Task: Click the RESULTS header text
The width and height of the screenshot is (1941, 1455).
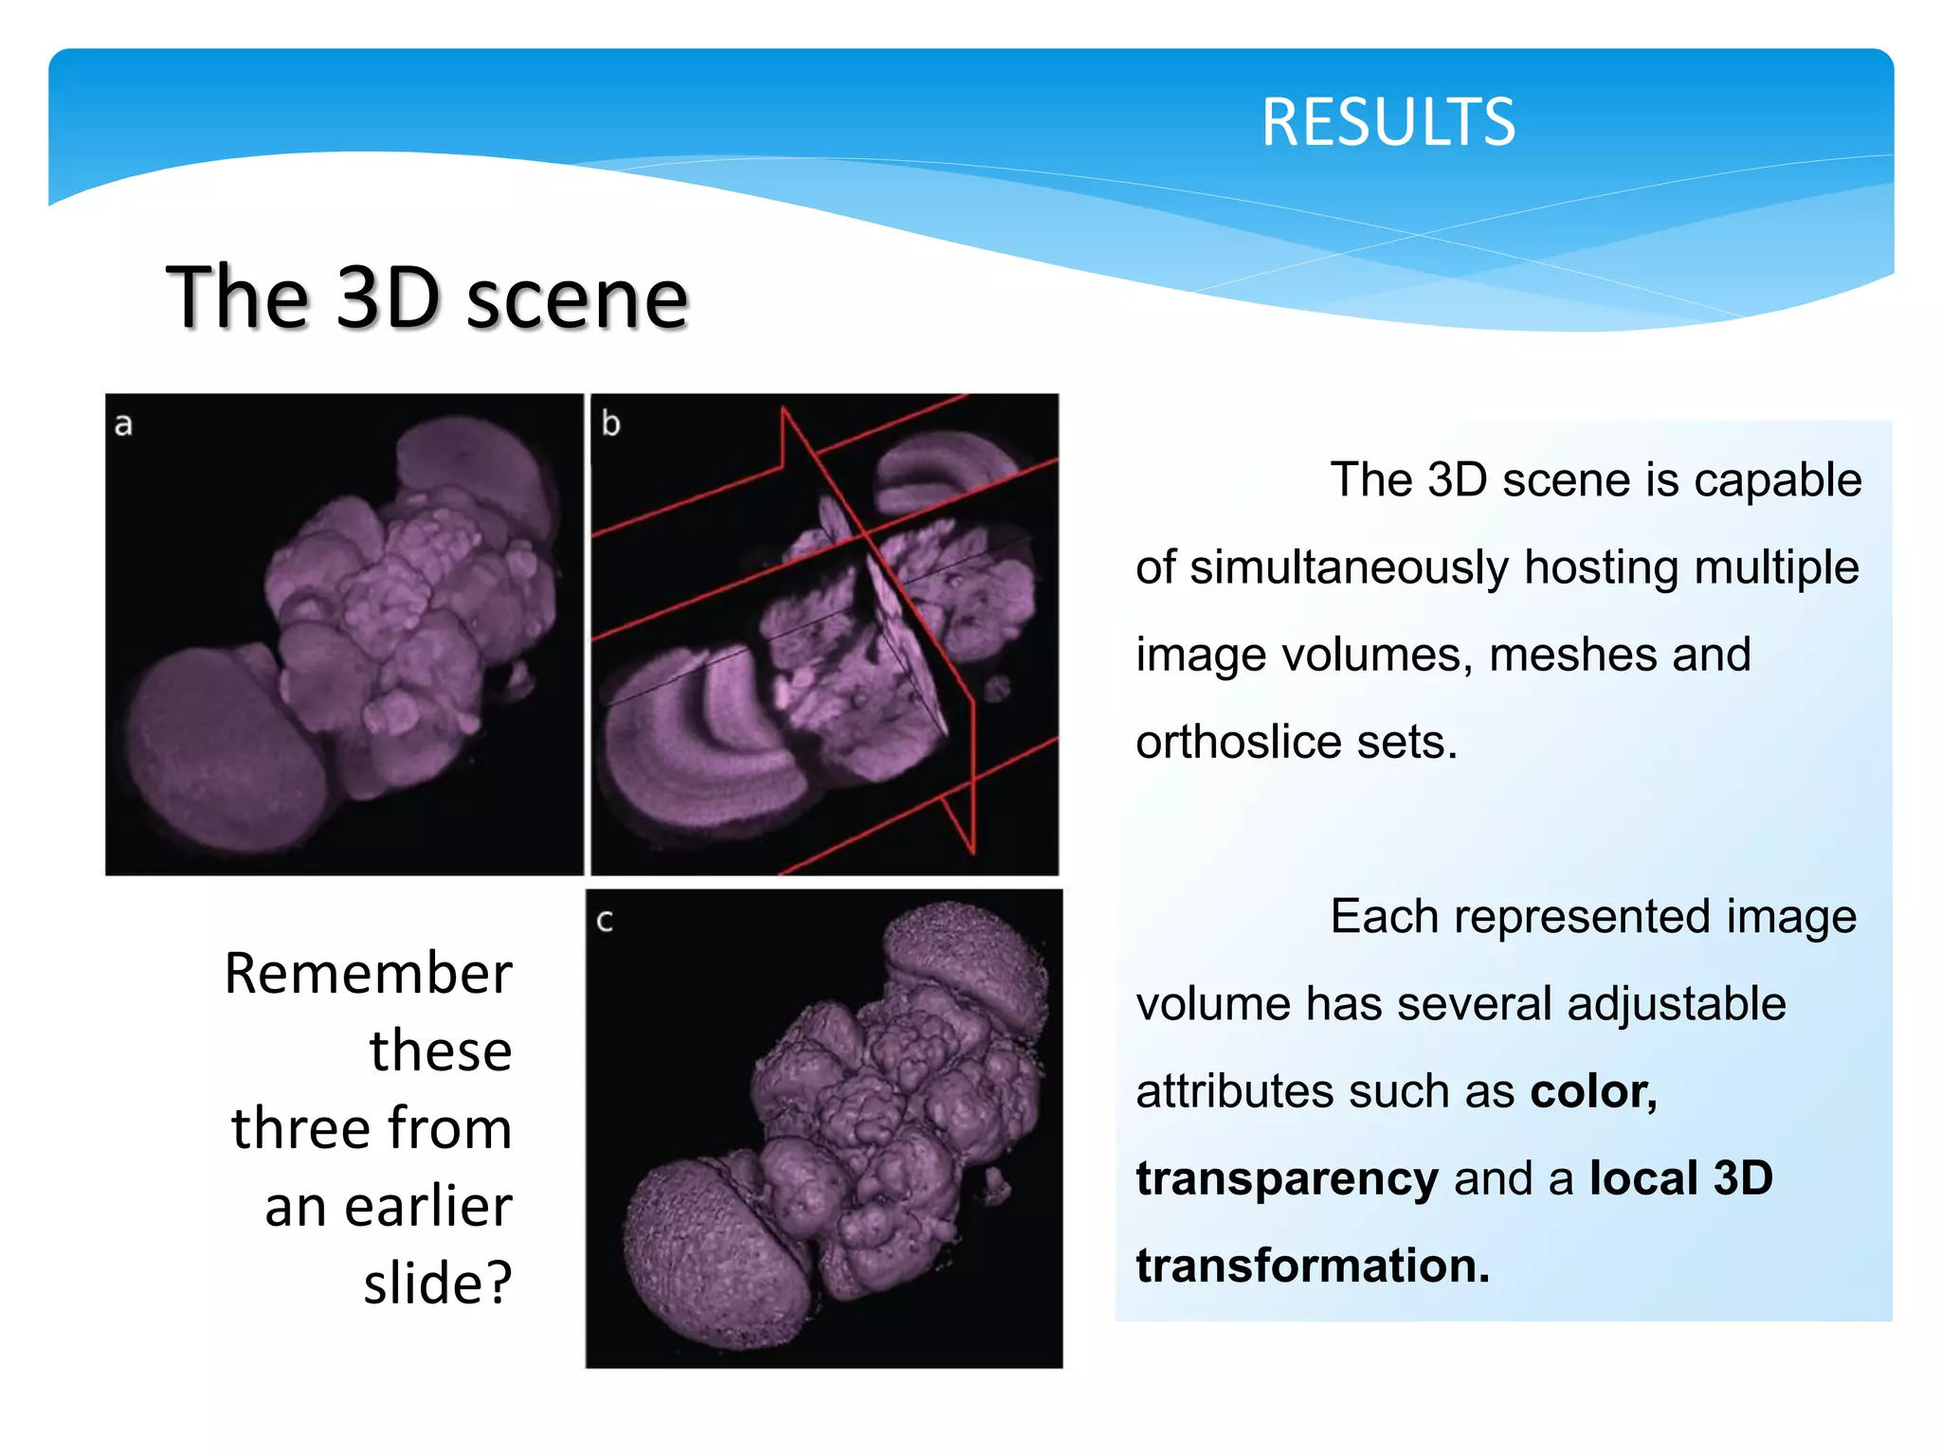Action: [x=1388, y=123]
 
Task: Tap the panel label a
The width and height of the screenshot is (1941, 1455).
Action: [x=123, y=424]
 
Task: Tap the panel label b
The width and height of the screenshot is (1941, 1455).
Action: [x=610, y=423]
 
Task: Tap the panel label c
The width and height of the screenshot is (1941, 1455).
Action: [x=605, y=921]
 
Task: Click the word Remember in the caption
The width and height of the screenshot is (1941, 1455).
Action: [x=368, y=974]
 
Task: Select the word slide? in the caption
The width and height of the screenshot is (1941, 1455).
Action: [x=438, y=1284]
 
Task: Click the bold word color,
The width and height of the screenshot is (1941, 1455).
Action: [x=1593, y=1091]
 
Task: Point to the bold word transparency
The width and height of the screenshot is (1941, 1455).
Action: [x=1286, y=1178]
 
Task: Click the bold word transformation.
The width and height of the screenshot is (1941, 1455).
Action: [x=1313, y=1266]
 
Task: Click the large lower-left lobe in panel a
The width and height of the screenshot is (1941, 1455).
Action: [x=218, y=748]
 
